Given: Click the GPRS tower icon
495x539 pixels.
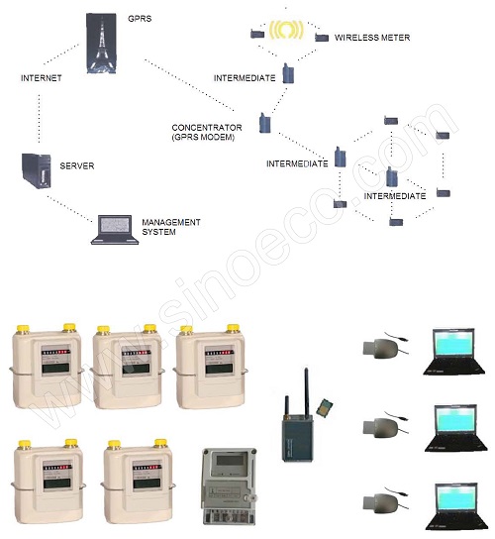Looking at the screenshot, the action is (x=101, y=43).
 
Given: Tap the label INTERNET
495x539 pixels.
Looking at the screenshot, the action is (x=42, y=78).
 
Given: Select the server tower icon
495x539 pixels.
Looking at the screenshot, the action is (x=37, y=170).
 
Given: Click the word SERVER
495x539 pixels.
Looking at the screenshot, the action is (x=77, y=165).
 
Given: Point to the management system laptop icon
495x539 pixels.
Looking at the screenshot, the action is (x=115, y=230).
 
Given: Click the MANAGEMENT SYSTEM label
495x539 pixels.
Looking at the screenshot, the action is (x=171, y=227).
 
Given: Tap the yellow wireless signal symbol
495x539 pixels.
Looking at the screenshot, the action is (x=286, y=30).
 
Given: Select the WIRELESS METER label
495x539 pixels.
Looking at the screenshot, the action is (x=372, y=38).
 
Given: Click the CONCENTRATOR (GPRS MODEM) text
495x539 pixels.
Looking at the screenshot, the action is (x=207, y=133).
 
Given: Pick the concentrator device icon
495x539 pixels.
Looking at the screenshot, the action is (x=265, y=123).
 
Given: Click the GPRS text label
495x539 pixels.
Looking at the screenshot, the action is (x=140, y=19).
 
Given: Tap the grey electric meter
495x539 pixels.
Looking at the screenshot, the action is (x=230, y=485).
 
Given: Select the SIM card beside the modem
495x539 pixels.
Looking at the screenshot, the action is (x=325, y=407).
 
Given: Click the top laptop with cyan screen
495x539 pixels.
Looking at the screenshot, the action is (x=453, y=351).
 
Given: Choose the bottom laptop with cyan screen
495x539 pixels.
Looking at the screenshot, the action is (x=456, y=506).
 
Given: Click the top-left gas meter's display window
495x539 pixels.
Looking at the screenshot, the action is (x=55, y=362).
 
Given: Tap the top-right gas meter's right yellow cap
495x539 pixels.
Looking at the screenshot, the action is (x=233, y=328).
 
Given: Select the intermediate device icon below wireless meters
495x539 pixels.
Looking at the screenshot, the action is (x=288, y=73).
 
